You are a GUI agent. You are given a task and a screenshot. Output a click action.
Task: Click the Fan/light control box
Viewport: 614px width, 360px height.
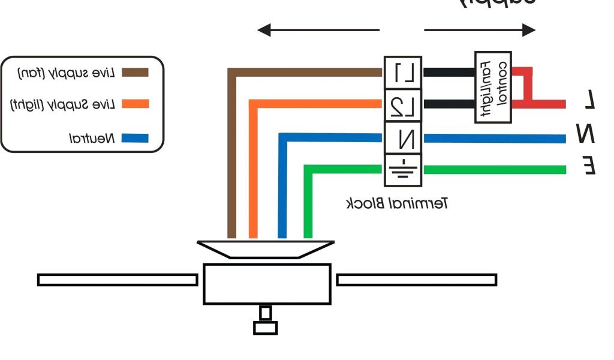click(493, 87)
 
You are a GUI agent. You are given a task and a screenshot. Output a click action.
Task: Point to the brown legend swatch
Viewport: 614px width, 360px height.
click(135, 73)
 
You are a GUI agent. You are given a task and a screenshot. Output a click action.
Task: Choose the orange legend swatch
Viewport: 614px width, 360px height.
click(135, 104)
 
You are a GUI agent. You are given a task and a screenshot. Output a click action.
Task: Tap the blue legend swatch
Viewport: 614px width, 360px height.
click(135, 138)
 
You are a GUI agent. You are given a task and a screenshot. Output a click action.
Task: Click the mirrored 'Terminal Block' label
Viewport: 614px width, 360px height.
click(398, 204)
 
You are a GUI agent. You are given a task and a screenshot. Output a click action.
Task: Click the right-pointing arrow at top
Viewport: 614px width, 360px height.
click(480, 29)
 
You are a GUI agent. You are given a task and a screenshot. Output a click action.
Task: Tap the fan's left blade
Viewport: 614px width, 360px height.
click(118, 280)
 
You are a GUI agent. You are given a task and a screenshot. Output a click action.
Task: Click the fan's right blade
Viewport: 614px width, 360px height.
click(416, 280)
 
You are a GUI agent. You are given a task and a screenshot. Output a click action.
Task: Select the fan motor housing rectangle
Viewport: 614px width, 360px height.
click(266, 284)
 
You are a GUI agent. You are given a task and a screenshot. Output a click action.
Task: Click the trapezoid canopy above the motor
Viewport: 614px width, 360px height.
click(266, 248)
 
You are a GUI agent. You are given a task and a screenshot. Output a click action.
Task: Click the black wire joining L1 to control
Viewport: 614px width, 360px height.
click(449, 73)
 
